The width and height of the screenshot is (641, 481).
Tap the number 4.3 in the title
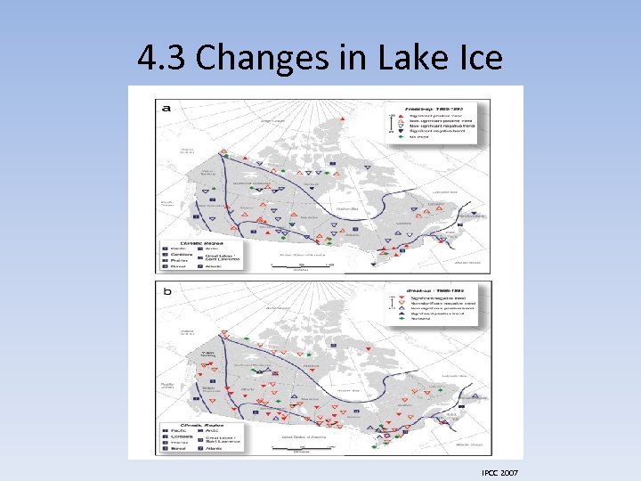[162, 58]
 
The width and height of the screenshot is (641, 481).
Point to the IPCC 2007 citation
[498, 471]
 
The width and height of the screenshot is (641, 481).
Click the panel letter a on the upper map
[166, 107]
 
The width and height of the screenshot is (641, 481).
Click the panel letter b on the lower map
[166, 291]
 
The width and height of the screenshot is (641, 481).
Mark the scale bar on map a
[301, 265]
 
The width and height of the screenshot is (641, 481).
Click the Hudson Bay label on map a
[347, 208]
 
